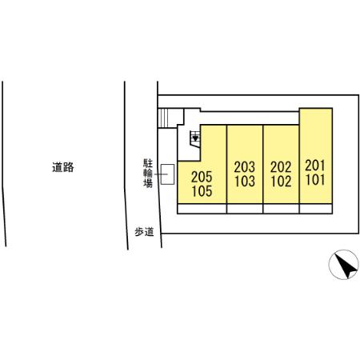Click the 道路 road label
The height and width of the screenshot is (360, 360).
tap(63, 167)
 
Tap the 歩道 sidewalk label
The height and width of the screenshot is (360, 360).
tap(144, 232)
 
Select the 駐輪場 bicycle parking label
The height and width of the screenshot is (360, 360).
tap(148, 174)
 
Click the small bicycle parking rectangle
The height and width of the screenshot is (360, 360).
tap(167, 174)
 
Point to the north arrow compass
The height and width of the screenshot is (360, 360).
tap(343, 265)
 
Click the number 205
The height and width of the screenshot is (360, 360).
tap(202, 177)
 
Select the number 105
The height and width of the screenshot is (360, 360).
tap(202, 191)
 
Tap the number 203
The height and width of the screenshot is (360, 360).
tap(245, 167)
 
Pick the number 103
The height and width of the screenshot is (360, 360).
tap(245, 181)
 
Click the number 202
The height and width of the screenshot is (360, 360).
tap(281, 167)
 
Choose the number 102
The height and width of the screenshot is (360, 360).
tap(281, 182)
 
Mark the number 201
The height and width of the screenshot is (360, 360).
tap(315, 166)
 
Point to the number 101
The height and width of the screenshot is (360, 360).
tap(315, 179)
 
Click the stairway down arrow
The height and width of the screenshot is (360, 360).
tap(195, 138)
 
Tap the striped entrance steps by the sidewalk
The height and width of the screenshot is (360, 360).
tap(163, 118)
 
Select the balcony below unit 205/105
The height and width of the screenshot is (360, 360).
tap(202, 209)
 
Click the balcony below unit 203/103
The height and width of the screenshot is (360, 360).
tap(245, 209)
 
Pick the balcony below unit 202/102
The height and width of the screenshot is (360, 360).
tap(281, 209)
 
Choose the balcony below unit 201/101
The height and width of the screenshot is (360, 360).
tap(316, 209)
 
